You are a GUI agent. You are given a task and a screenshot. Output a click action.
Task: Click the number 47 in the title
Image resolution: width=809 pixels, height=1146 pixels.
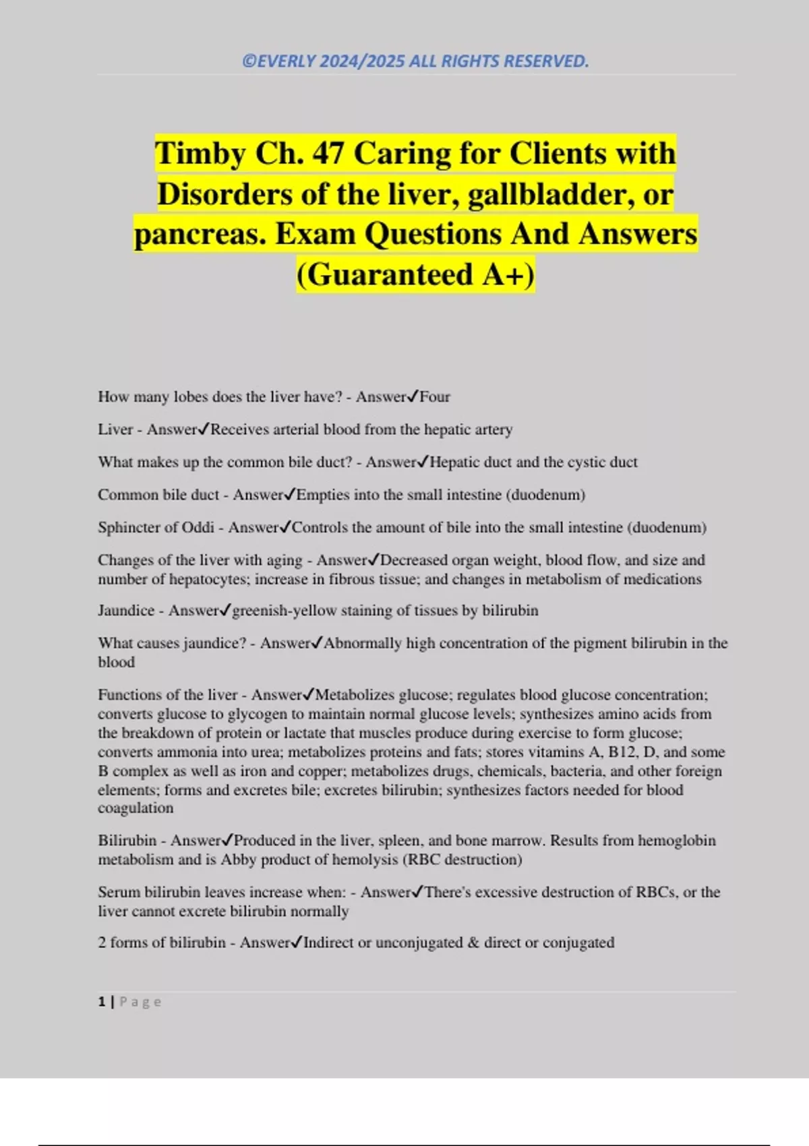328,154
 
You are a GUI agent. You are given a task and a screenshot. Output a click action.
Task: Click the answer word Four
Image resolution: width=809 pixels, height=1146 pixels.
435,397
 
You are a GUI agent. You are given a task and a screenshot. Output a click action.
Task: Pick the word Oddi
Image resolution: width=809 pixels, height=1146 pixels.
198,528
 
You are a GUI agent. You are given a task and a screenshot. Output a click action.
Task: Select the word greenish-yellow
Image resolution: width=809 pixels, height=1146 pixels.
284,611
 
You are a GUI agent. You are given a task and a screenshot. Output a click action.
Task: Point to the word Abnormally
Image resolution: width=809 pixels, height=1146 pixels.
363,643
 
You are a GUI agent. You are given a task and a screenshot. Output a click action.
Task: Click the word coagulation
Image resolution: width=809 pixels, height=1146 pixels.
136,808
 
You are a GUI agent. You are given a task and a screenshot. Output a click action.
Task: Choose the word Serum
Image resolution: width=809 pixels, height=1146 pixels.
117,893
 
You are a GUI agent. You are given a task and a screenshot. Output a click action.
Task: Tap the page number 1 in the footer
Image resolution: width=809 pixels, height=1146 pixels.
102,1002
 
